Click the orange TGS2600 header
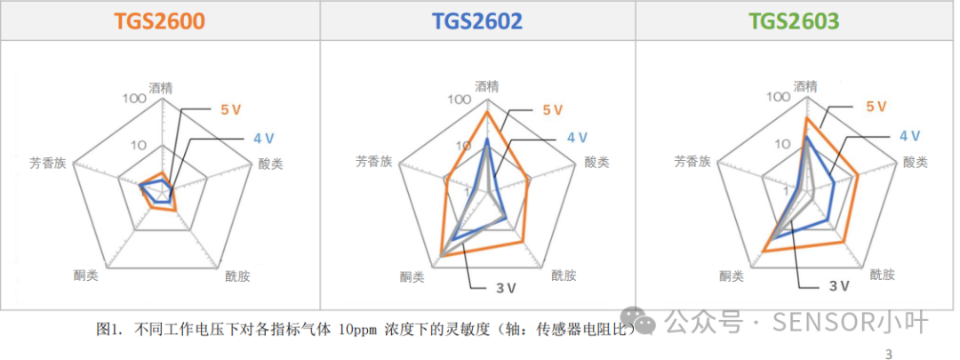tap(158, 21)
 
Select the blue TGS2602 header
tap(477, 21)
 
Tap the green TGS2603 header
tap(794, 21)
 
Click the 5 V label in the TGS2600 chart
tap(232, 109)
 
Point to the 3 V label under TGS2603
tap(839, 284)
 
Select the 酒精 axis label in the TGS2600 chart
tap(162, 87)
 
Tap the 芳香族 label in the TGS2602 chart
tap(373, 162)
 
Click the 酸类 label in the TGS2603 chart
tap(916, 162)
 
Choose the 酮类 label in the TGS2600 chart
tap(86, 275)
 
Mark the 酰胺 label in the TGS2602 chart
tap(564, 276)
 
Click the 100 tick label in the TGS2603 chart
tap(778, 97)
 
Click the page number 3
tap(890, 354)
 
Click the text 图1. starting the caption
tap(111, 330)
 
